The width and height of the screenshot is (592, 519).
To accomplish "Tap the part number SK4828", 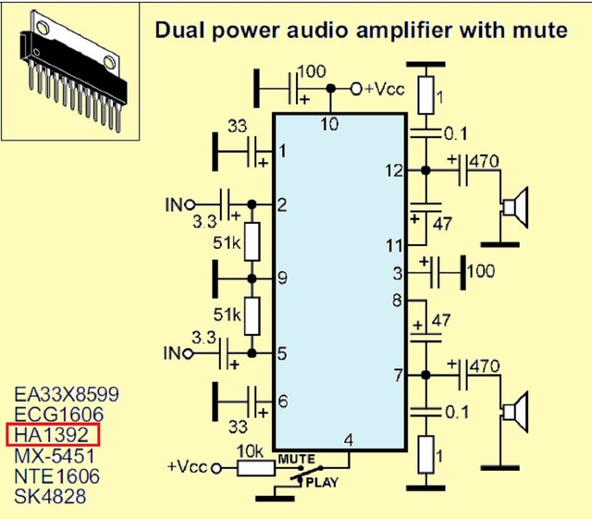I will [x=50, y=497].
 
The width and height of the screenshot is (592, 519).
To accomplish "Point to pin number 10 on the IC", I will [x=330, y=124].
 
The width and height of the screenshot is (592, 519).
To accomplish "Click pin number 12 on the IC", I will [x=395, y=170].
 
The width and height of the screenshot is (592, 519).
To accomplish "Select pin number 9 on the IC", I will [x=281, y=277].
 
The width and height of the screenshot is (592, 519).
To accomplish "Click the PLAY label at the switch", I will [x=322, y=481].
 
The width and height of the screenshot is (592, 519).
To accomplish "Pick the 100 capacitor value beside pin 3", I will [x=481, y=273].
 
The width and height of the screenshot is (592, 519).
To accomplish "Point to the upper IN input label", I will [x=173, y=204].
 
